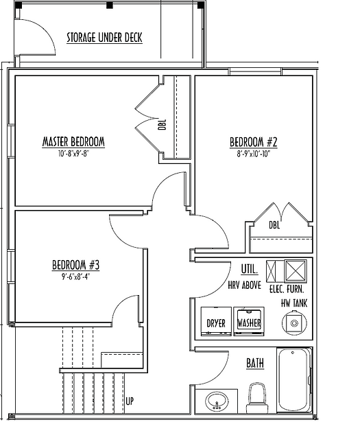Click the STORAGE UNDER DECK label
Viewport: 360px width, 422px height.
pos(104,38)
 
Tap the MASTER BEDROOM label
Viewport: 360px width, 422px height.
pos(73,142)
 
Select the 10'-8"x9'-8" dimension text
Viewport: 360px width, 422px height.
pos(73,154)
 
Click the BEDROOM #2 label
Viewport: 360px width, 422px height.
pos(253,142)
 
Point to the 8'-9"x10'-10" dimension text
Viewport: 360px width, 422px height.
pos(253,154)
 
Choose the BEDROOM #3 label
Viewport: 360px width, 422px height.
pos(75,265)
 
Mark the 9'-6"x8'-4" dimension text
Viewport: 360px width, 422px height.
pos(75,277)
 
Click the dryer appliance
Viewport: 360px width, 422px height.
pos(216,321)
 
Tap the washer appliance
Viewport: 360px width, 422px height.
pos(249,321)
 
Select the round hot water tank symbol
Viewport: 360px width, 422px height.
pos(294,323)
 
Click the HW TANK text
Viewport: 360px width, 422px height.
pos(294,303)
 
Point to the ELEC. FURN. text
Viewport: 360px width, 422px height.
pos(287,290)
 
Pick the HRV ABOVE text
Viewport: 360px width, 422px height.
pos(244,285)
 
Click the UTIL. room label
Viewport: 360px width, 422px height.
pos(250,269)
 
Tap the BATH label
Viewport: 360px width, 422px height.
pos(255,363)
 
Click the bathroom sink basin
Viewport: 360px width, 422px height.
pos(217,401)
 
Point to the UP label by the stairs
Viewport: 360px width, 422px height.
pos(130,401)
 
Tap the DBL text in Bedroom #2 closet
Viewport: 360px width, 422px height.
pos(274,225)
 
